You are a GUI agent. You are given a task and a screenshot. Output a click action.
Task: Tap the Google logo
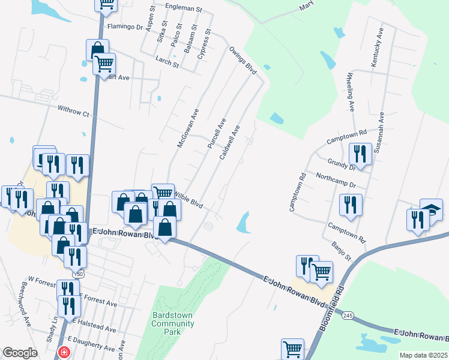pyautogui.click(x=20, y=353)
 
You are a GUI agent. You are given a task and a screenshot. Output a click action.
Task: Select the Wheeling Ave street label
pyautogui.click(x=350, y=92)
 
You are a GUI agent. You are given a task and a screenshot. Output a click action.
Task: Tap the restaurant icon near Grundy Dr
pyautogui.click(x=360, y=154)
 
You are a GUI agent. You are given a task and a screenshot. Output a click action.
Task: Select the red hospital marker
pyautogui.click(x=62, y=354)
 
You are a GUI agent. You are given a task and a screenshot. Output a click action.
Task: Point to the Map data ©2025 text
pyautogui.click(x=423, y=355)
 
